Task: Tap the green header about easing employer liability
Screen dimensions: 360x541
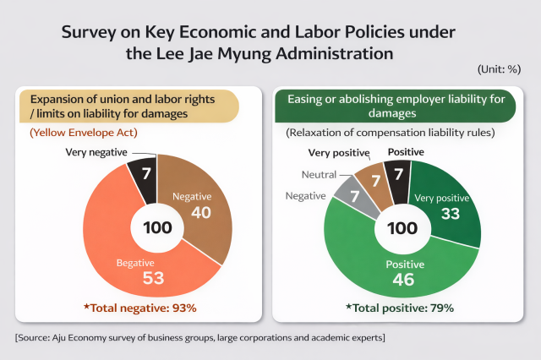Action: [x=396, y=106]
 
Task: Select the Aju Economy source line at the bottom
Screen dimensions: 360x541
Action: [x=200, y=338]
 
